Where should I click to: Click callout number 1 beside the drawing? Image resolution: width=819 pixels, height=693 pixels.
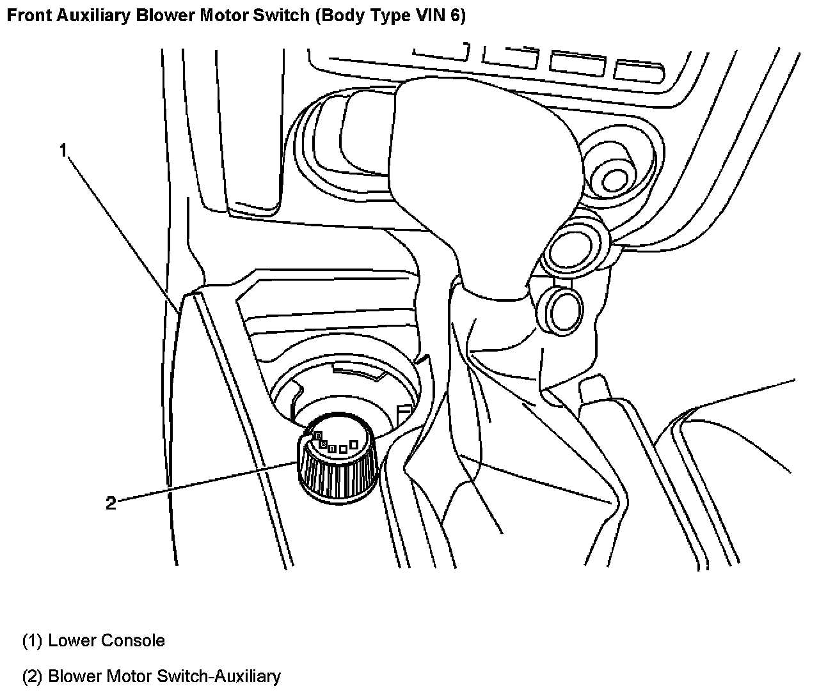coord(63,150)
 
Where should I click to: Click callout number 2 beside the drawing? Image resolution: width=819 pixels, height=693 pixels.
coord(111,504)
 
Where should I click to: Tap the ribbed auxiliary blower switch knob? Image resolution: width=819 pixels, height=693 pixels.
coord(336,474)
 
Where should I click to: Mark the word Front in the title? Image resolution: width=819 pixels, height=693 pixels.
coord(26,16)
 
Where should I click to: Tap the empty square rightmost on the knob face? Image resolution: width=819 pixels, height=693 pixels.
coord(353,444)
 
